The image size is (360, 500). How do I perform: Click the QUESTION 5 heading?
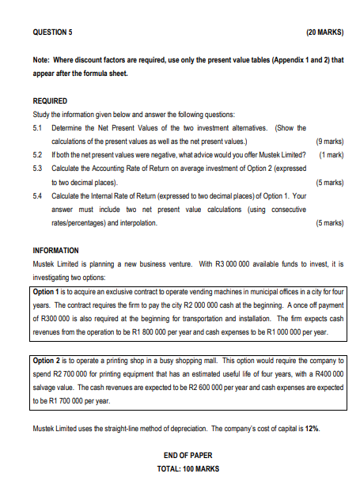(x=52, y=32)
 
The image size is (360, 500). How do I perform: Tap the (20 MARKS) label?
(x=324, y=32)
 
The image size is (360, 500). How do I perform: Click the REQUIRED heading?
(x=50, y=101)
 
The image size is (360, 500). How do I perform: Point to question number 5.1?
(x=38, y=127)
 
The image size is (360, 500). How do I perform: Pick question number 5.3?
(x=38, y=169)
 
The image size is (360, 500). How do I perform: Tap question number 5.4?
(x=38, y=195)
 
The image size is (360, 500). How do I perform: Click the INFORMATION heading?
(x=57, y=251)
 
